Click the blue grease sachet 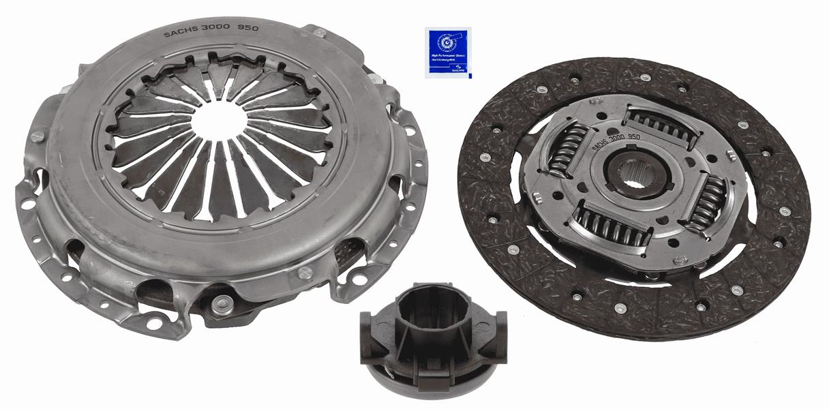(x=447, y=52)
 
